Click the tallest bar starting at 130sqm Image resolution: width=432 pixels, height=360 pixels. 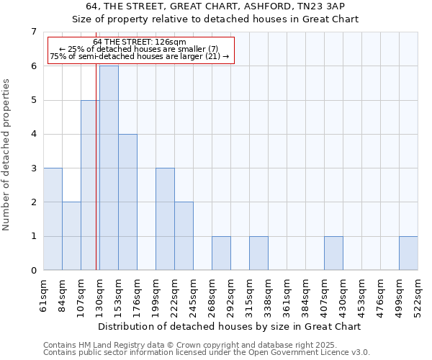[109, 168]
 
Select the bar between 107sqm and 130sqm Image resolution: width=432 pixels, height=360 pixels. [90, 185]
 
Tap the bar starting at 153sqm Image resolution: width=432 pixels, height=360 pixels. [127, 202]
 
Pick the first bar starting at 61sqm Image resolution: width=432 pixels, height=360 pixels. [53, 219]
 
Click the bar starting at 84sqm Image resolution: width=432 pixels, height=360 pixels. [71, 236]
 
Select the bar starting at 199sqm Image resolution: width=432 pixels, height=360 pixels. [165, 219]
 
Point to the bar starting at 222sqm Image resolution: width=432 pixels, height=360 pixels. [184, 236]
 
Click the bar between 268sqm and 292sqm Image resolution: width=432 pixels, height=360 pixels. [221, 253]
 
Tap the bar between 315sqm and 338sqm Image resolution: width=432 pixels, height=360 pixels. [258, 253]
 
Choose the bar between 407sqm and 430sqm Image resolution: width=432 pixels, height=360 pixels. [333, 253]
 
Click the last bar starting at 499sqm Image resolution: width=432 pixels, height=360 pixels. [408, 253]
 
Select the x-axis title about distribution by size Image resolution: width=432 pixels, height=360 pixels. [228, 326]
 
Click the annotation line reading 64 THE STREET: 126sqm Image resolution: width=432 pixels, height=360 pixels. [140, 42]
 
